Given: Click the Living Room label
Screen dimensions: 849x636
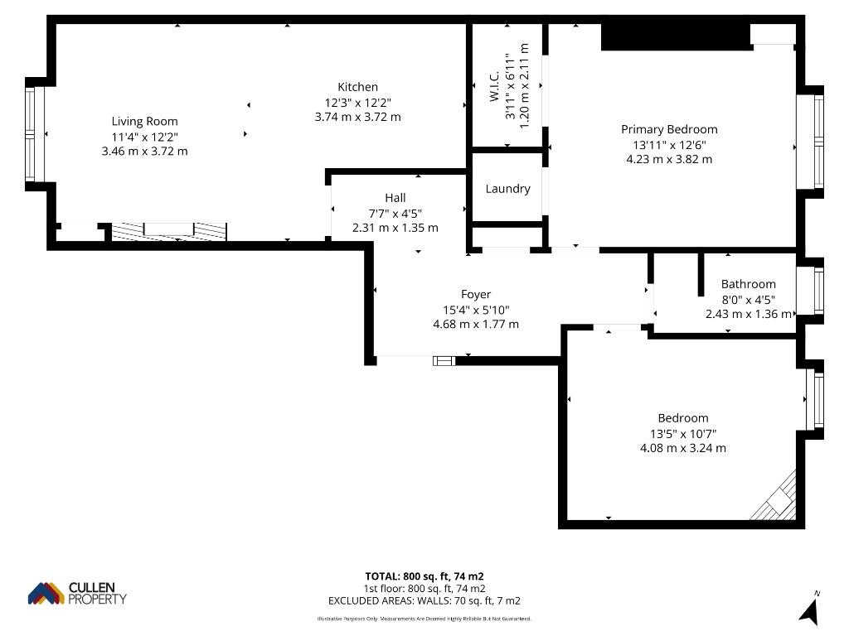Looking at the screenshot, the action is click(144, 121).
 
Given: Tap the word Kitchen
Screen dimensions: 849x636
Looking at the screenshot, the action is click(357, 86).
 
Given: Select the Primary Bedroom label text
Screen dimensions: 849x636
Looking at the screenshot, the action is click(669, 129).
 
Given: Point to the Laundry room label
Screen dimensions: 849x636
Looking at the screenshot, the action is click(507, 189).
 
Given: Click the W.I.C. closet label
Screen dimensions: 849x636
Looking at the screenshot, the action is click(494, 85).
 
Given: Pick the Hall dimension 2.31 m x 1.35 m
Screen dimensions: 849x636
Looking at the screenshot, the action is click(395, 228).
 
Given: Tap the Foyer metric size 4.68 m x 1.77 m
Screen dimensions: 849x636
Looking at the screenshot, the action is click(476, 324).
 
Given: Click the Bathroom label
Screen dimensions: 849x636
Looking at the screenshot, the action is click(749, 284).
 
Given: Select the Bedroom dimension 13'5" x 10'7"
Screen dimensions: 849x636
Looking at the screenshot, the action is click(683, 434).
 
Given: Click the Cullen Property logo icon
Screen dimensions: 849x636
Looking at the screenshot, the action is click(46, 593).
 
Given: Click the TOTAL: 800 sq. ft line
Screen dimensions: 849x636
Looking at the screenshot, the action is click(424, 576).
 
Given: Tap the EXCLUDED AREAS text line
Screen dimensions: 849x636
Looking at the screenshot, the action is click(424, 601).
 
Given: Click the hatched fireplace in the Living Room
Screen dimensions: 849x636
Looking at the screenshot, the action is click(169, 231).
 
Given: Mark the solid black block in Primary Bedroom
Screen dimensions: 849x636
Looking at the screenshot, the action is click(677, 36).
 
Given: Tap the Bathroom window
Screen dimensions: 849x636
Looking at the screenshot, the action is click(818, 291).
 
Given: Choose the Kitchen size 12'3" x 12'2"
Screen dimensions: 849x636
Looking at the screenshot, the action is click(358, 102).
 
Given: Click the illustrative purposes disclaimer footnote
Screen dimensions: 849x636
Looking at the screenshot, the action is click(424, 619).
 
